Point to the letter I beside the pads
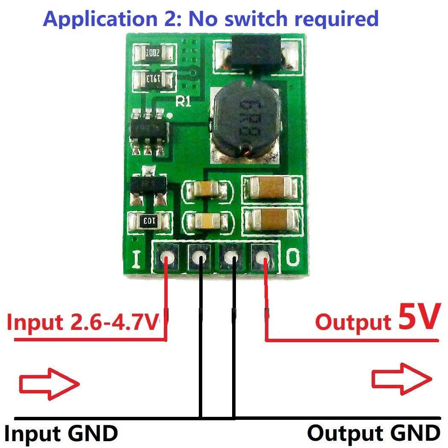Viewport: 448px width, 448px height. click(137, 259)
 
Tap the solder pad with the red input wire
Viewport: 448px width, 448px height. click(167, 258)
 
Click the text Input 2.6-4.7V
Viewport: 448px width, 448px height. click(85, 323)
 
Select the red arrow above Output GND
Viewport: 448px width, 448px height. click(401, 378)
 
